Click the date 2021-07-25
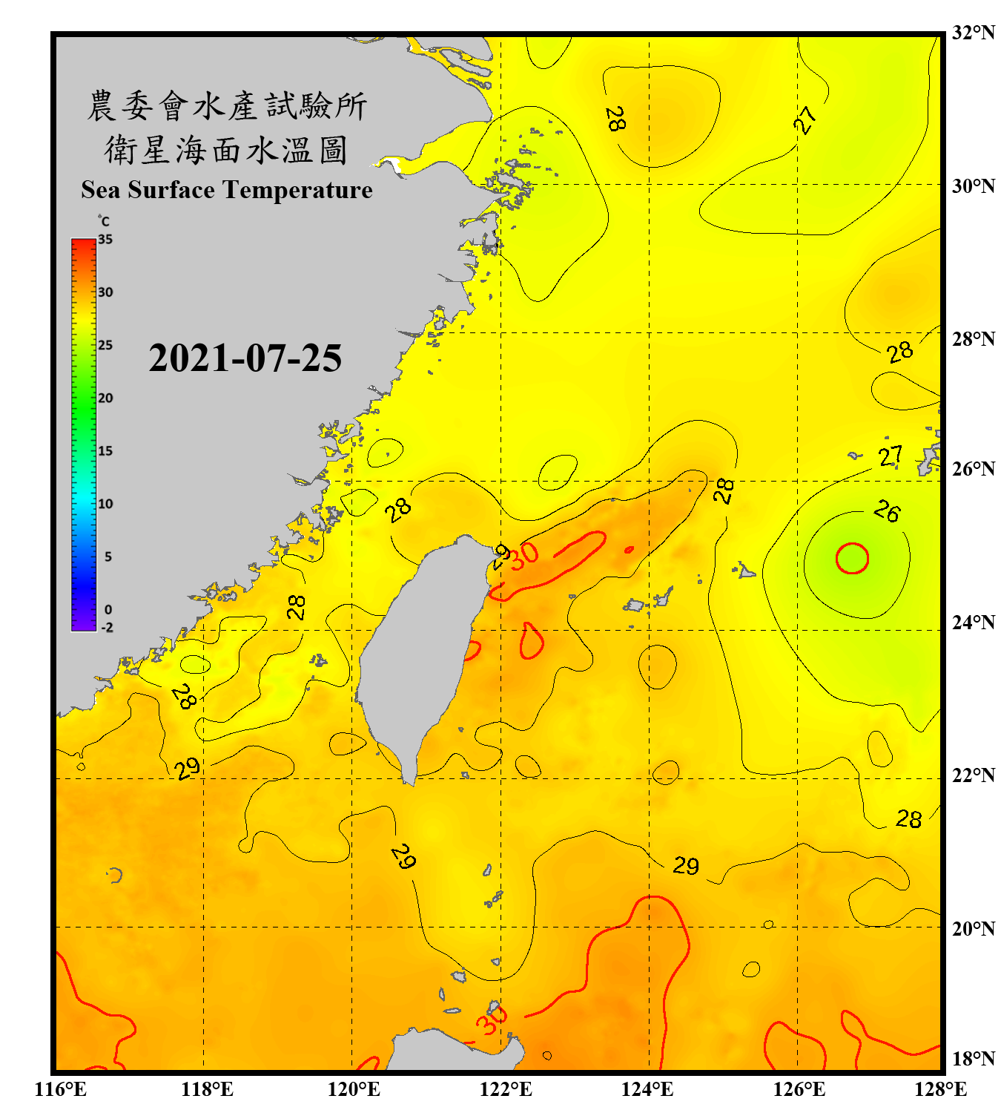point(245,358)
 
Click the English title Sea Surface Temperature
point(226,190)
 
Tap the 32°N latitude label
point(973,33)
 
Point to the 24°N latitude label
point(973,622)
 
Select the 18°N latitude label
point(973,1058)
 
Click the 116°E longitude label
point(61,1089)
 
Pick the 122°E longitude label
point(506,1089)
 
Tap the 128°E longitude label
point(940,1089)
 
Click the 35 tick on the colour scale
point(105,239)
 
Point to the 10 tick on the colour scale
point(105,504)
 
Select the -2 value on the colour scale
point(107,627)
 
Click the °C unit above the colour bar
point(104,221)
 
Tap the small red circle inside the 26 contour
point(852,558)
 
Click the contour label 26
point(887,511)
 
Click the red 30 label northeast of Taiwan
point(524,554)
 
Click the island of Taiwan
point(419,653)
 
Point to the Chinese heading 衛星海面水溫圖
point(226,151)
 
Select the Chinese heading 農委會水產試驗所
point(226,106)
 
